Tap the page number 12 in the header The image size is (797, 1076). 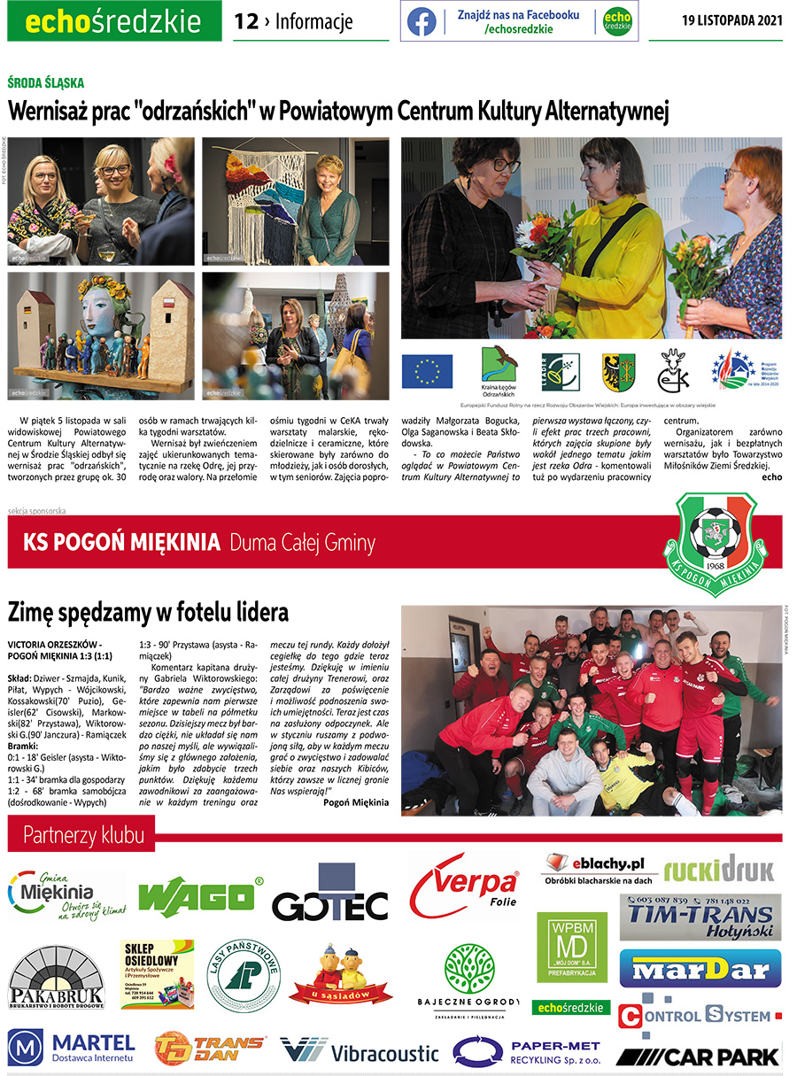click(245, 21)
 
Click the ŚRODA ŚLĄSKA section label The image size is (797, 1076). click(45, 82)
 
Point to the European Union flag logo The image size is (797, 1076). click(427, 372)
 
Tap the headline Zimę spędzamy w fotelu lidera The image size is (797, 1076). click(148, 612)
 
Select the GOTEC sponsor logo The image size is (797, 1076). click(329, 897)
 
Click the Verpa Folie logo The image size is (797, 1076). click(464, 886)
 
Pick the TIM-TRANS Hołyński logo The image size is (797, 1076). click(700, 917)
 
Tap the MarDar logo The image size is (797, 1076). click(700, 969)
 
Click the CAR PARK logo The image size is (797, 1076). click(698, 1056)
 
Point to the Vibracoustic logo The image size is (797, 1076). click(360, 1051)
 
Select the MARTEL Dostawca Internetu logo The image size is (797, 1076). click(72, 1048)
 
